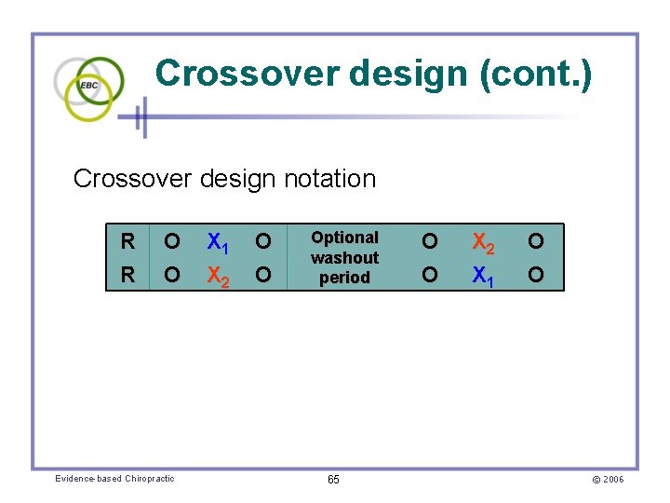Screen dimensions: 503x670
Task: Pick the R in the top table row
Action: tap(127, 242)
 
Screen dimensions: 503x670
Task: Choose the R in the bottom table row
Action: tap(127, 276)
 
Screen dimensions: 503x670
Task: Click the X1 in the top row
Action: tap(218, 243)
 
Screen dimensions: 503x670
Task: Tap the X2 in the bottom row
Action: tap(218, 277)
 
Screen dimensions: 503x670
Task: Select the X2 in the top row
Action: tap(484, 243)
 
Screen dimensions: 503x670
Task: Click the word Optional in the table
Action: tap(344, 238)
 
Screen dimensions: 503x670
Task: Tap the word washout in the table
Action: tap(344, 257)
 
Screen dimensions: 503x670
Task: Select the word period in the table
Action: tap(344, 277)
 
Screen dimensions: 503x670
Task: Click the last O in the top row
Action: tap(536, 242)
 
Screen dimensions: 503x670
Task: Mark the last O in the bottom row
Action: tap(536, 276)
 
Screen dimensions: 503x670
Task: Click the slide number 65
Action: tap(333, 479)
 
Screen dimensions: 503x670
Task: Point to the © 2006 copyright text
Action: tap(607, 479)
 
